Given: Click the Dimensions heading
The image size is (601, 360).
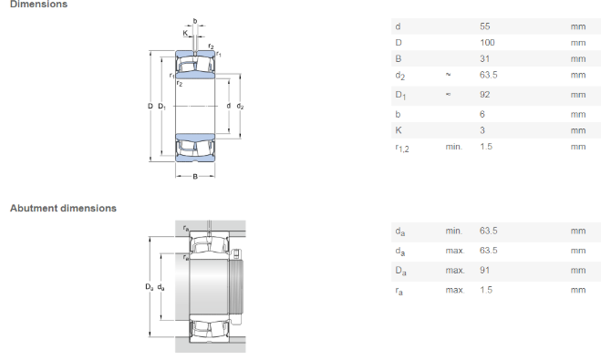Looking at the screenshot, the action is point(38,5).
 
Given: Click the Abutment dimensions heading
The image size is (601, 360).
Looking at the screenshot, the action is point(63,208).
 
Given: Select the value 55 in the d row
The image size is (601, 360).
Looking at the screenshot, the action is point(485,26).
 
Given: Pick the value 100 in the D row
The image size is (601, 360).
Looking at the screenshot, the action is point(487,43).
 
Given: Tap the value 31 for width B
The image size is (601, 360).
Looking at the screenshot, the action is point(485,58).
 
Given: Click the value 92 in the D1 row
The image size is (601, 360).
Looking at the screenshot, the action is point(485,95).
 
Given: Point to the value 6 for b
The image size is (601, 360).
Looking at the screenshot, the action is point(482,114).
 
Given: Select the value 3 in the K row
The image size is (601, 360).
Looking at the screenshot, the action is point(482,130).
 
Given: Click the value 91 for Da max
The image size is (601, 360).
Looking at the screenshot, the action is point(484,270).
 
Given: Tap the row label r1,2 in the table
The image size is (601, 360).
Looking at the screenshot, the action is point(402,148).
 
